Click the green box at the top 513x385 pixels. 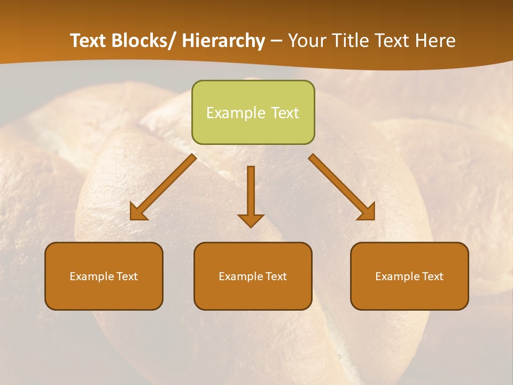point(253,112)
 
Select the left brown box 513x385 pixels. point(104,276)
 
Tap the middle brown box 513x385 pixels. point(253,276)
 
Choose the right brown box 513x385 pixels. point(409,276)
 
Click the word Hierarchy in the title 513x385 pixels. point(223,41)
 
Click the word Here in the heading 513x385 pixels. point(436,41)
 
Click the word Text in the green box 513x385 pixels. point(284,113)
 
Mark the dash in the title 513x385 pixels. point(276,42)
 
